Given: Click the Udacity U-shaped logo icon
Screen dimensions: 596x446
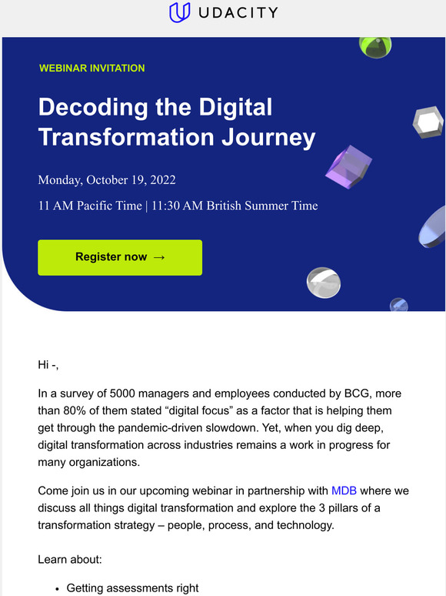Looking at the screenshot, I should click(x=179, y=13).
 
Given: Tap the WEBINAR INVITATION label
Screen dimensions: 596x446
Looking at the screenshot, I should click(x=92, y=69).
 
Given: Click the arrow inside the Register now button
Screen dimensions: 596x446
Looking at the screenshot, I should click(x=159, y=257).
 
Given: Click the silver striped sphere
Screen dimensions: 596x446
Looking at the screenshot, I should click(x=323, y=283).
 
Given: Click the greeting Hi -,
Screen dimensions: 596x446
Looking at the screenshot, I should click(x=53, y=364).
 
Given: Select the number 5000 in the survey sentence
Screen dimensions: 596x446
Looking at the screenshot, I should click(x=119, y=393).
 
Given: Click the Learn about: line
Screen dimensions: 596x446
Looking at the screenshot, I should click(x=69, y=558).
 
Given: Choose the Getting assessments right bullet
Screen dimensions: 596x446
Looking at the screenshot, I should click(x=132, y=588).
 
